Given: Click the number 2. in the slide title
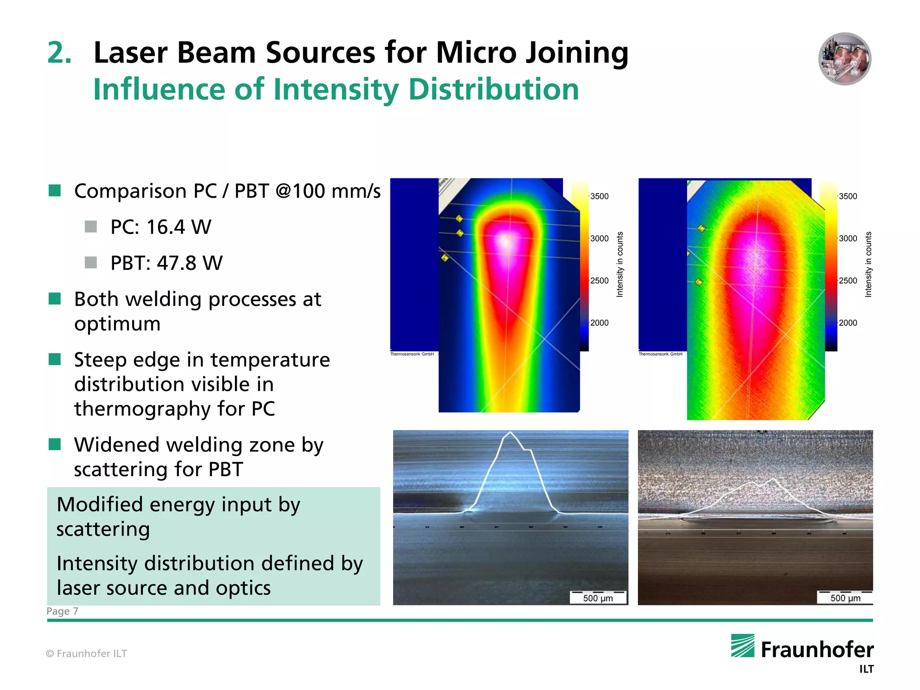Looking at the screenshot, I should (x=59, y=53).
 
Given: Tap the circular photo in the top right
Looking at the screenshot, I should (x=844, y=59).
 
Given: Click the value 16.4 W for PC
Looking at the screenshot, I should (x=178, y=227).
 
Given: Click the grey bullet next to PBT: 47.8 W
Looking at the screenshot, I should (x=91, y=262).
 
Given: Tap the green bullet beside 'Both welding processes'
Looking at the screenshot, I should (x=55, y=299).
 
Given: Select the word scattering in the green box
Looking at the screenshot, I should (x=103, y=529).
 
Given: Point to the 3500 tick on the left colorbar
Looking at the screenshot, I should (x=599, y=196).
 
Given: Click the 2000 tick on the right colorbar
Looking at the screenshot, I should (x=848, y=323).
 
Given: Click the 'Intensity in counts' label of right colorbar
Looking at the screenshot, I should (x=868, y=264).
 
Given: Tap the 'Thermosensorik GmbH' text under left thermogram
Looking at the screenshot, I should (x=412, y=354).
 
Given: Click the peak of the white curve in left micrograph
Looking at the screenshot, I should (x=510, y=433).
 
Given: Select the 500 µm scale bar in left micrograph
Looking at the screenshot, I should (x=598, y=597).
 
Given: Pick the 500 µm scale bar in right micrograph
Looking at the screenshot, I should (x=845, y=597).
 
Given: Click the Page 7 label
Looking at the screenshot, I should (x=62, y=611).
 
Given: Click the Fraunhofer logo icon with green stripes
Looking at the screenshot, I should (x=743, y=646).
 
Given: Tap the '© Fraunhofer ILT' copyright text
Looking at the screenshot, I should (x=87, y=654).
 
